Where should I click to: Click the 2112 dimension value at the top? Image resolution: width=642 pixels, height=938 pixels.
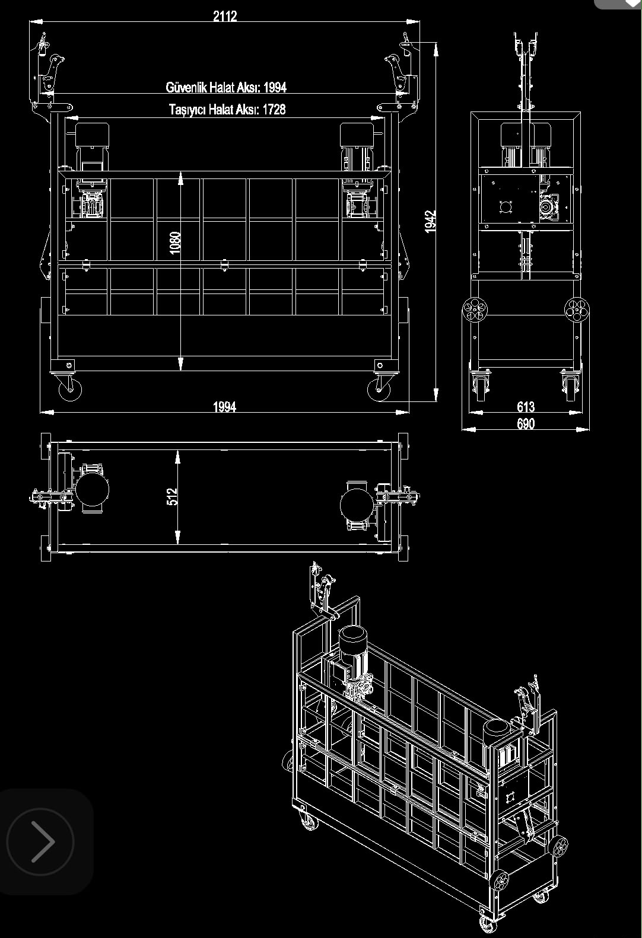225,17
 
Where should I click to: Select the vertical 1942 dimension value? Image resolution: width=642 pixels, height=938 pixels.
430,221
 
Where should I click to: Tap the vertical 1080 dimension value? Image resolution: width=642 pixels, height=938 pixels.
175,243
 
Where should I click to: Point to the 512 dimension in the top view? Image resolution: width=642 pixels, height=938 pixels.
172,497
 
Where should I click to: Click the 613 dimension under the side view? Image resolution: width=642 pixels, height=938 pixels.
526,407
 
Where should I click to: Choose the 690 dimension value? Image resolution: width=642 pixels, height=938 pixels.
526,424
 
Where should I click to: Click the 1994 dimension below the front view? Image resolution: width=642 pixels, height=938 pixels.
225,407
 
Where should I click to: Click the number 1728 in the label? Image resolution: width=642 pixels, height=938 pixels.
274,110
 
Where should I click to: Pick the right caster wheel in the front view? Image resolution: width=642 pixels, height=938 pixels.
379,390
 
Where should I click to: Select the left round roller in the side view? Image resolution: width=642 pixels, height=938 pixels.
475,310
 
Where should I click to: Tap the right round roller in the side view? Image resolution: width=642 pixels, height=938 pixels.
577,310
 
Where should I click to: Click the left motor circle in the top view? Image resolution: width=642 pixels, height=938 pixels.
92,489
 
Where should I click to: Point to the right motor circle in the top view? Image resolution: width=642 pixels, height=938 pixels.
357,505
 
